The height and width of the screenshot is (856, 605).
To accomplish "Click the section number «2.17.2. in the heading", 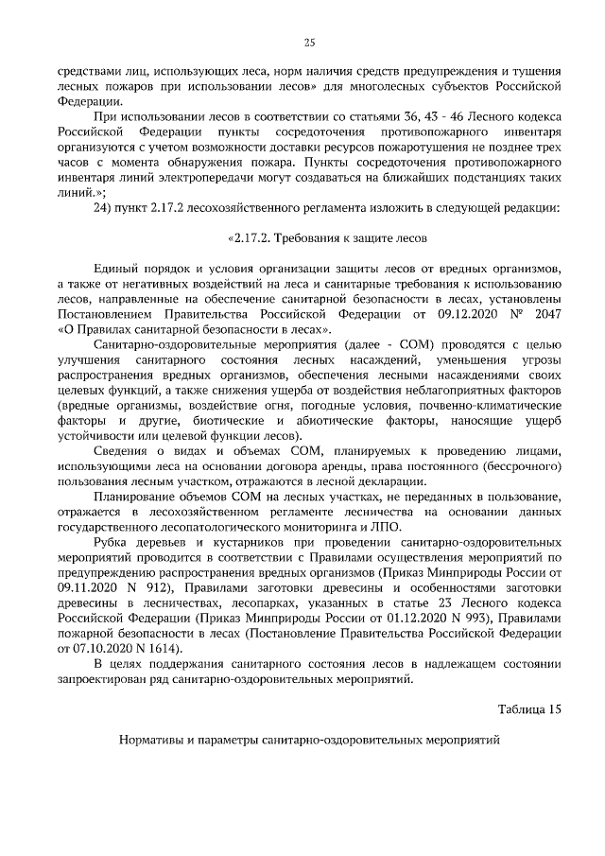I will pos(249,237).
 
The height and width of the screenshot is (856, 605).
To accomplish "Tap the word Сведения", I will pos(122,450).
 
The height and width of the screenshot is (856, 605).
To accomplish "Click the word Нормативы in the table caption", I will pos(152,742).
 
